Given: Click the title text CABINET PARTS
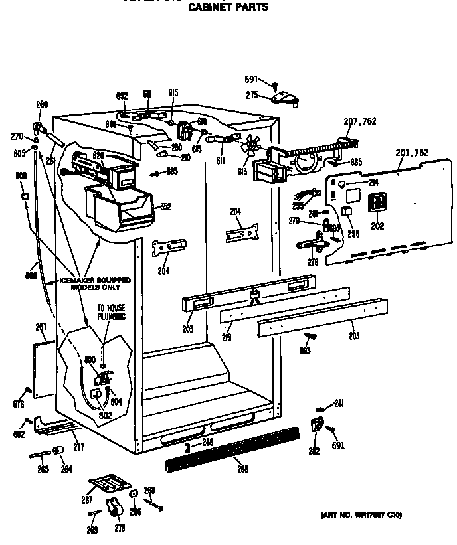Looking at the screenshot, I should point(228,7).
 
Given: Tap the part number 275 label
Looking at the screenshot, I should point(252,96).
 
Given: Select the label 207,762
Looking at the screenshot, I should point(359,121).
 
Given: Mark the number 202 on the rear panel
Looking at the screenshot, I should point(377,226).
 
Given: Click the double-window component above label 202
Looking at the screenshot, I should point(377,204).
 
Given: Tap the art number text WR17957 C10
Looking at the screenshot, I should point(361,515).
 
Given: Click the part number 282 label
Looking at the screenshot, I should point(314,451).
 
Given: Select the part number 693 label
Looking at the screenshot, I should point(305,351).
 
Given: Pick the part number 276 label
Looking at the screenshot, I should point(313,262).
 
